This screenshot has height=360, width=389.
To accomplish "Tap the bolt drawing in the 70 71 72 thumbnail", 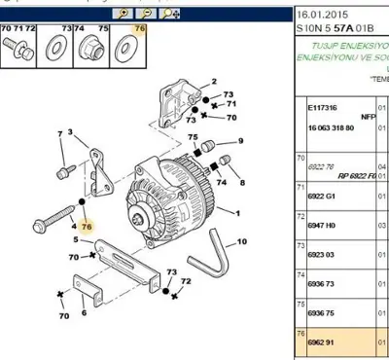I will (x=20, y=48).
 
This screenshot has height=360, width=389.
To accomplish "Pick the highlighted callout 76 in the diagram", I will (x=86, y=225).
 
